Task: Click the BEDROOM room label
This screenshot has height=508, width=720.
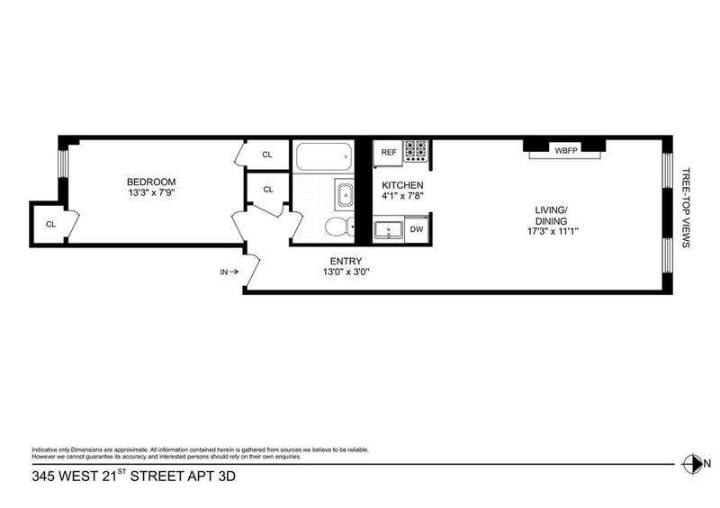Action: click(151, 183)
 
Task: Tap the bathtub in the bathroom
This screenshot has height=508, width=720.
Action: click(324, 157)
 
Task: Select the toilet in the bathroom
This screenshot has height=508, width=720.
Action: click(339, 227)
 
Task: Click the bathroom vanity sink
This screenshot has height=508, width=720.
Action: click(345, 196)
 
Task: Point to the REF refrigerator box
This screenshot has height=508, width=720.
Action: click(389, 152)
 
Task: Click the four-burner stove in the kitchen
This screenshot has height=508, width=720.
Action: click(416, 151)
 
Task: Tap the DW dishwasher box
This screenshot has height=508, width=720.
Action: click(417, 229)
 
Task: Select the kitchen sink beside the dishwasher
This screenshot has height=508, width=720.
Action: click(389, 229)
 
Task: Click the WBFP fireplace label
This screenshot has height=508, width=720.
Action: click(566, 150)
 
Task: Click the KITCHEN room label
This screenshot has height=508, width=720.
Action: click(402, 185)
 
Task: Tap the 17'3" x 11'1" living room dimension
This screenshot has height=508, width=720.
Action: click(553, 231)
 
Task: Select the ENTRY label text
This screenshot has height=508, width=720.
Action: click(346, 261)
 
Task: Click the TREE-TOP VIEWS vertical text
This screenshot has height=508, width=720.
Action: click(686, 208)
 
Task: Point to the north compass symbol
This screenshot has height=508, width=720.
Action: click(691, 463)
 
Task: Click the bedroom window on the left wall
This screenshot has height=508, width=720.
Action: click(63, 164)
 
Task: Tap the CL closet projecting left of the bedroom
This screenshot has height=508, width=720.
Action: click(50, 225)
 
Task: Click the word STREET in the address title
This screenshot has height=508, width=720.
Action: click(157, 477)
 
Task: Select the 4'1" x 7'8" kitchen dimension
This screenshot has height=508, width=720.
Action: click(402, 196)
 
